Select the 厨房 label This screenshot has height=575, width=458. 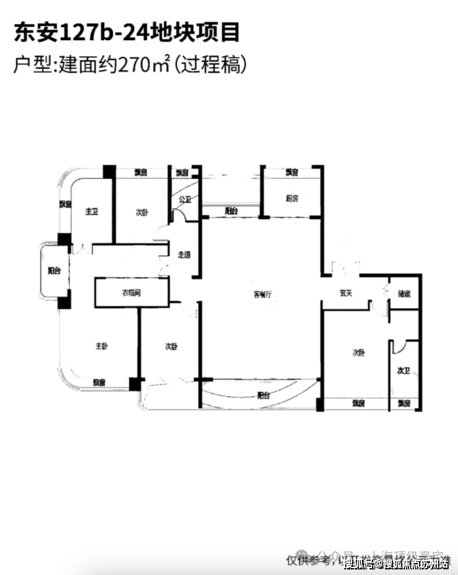click(x=292, y=199)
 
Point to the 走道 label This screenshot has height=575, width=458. click(x=184, y=254)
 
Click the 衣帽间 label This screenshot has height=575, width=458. click(x=131, y=292)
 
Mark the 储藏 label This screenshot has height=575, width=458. click(x=403, y=294)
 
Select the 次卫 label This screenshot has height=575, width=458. click(x=403, y=371)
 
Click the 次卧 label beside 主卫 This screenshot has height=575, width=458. click(x=142, y=212)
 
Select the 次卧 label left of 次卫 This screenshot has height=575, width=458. click(x=358, y=353)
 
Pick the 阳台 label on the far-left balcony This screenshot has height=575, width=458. click(x=54, y=270)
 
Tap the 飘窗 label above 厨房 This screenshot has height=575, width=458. click(x=293, y=172)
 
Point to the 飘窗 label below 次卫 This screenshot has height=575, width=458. click(x=404, y=403)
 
